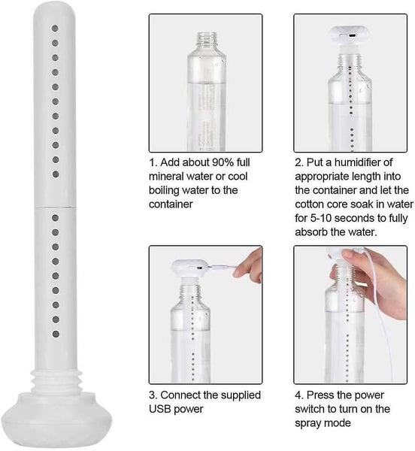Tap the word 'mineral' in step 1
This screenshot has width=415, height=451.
click(x=169, y=177)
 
